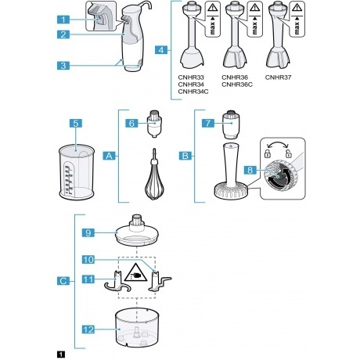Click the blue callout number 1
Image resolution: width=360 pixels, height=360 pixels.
[x=63, y=20]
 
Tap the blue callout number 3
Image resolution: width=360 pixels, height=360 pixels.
[x=63, y=66]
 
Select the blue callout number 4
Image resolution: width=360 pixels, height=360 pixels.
[x=161, y=50]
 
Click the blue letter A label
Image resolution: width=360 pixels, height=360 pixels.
[x=110, y=156]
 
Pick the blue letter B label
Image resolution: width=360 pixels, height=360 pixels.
[x=185, y=156]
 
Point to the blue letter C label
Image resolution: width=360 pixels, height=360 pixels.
[x=63, y=281]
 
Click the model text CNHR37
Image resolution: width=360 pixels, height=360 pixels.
[x=278, y=77]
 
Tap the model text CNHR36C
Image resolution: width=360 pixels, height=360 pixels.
[x=237, y=85]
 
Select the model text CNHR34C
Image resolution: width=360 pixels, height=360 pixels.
[x=193, y=92]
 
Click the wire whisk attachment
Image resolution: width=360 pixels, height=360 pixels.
[x=154, y=175]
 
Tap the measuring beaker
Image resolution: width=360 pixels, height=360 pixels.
[x=77, y=172]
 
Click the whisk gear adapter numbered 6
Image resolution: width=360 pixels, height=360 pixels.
[x=155, y=124]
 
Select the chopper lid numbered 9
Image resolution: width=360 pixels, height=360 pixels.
[x=137, y=231]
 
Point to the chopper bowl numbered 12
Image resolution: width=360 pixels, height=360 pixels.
[x=137, y=327]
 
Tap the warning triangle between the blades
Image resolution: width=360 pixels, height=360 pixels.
[x=134, y=273]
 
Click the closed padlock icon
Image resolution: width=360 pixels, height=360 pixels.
[x=268, y=154]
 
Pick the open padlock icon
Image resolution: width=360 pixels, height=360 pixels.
[x=289, y=154]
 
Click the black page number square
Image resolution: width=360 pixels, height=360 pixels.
[x=61, y=355]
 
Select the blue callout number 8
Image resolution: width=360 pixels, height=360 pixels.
[x=250, y=170]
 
